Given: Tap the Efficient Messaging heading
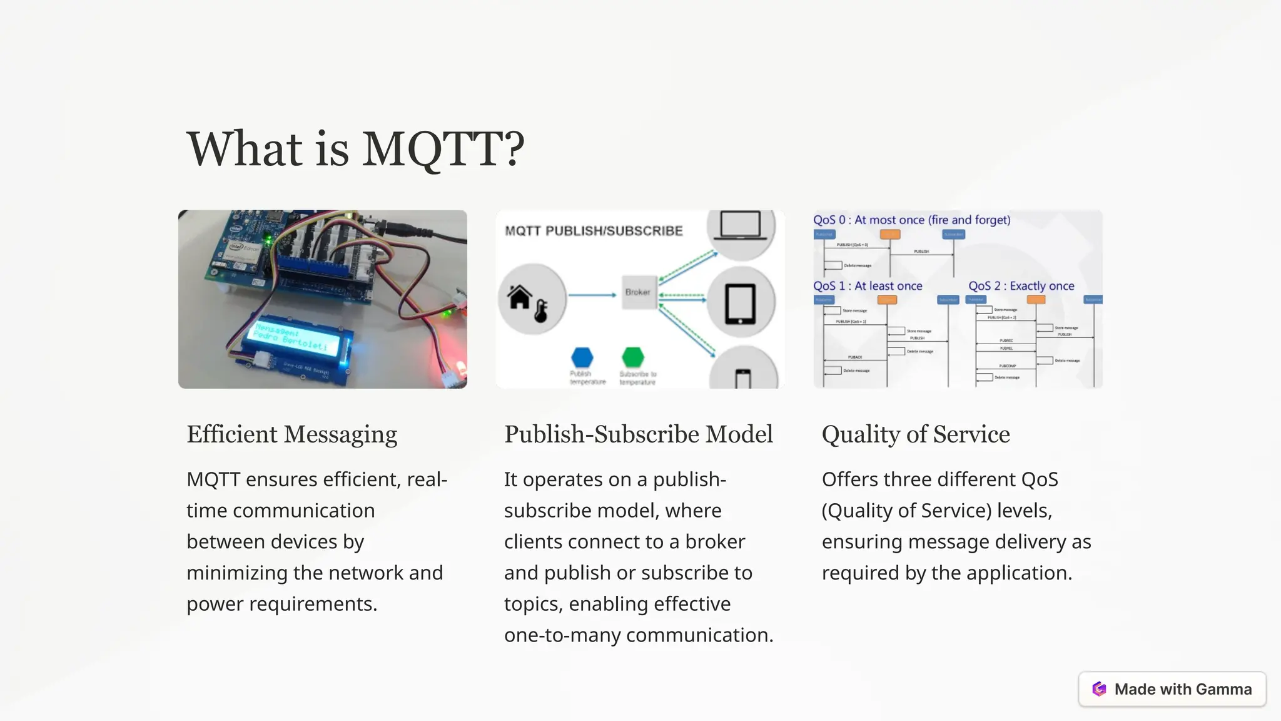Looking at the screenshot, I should coord(291,434).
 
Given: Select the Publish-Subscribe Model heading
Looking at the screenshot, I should coord(638,434).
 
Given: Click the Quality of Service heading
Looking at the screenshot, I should coord(915,434).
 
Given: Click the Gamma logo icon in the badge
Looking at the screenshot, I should coord(1099,689).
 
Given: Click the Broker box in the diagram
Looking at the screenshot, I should coord(638,292).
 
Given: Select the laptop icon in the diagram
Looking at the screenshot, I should coord(741,226).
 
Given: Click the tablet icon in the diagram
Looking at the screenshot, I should coord(741,304).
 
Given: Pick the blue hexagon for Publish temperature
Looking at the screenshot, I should coord(582,357).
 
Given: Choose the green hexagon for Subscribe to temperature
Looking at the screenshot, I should coord(633,357).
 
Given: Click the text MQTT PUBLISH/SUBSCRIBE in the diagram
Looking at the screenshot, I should coord(594,231).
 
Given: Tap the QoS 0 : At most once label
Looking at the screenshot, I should coord(911,220).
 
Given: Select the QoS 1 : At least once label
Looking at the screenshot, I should coord(868,286).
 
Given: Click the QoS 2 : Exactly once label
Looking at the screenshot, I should coord(1021,286).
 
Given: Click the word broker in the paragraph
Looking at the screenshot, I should coord(715,541).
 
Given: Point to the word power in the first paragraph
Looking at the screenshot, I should coord(215,604).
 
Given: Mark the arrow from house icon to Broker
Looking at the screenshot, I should coord(592,295).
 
